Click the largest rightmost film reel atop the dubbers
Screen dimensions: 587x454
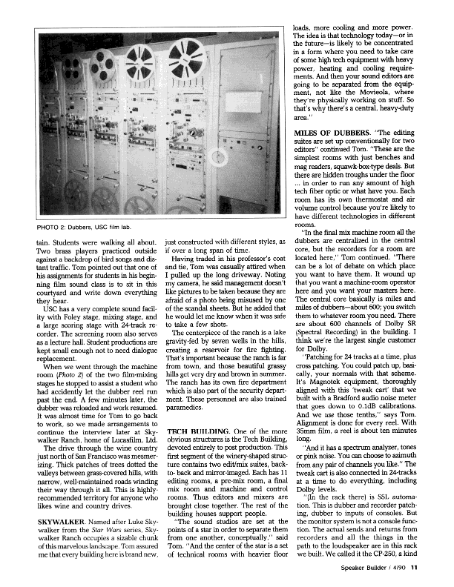pos(179,62)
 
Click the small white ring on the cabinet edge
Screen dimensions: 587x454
pos(220,157)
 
